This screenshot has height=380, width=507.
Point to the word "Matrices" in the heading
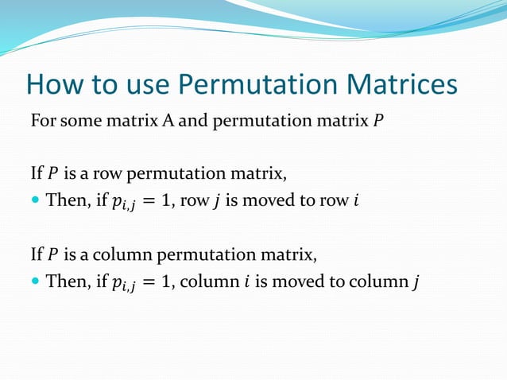[x=406, y=86]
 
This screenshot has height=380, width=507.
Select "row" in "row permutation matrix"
[x=110, y=173]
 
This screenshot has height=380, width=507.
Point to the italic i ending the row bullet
[x=356, y=200]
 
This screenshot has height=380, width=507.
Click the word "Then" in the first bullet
[x=64, y=200]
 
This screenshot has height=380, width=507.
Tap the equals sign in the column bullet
[x=145, y=281]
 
